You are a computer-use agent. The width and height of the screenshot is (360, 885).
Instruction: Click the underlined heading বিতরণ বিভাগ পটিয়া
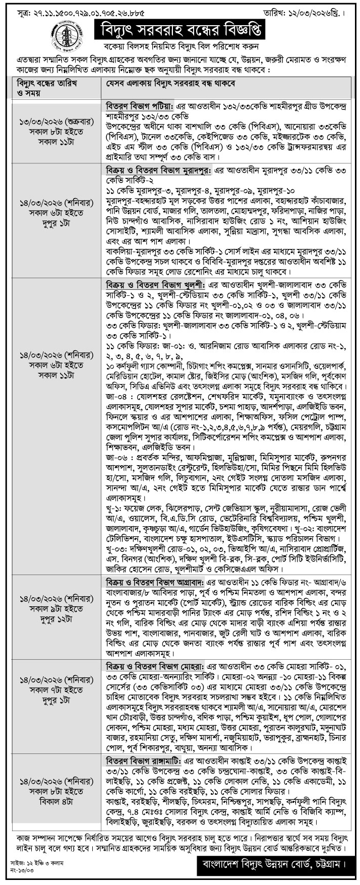139,108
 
